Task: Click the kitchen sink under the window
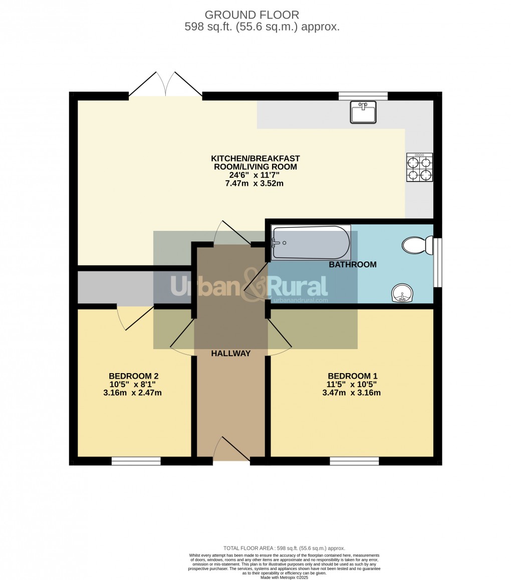[x=364, y=112]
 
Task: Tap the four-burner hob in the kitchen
[x=419, y=168]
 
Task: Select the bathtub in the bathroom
[x=311, y=242]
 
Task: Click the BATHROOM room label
[x=352, y=264]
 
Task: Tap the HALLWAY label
[x=230, y=353]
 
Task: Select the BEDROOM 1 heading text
[x=352, y=376]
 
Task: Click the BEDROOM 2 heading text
[x=134, y=376]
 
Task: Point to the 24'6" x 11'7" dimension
[x=255, y=175]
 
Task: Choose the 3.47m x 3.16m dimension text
[x=351, y=393]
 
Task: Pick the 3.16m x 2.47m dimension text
[x=133, y=393]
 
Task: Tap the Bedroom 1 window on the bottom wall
[x=354, y=461]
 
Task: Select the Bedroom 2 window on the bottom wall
[x=136, y=461]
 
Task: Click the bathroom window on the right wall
[x=437, y=262]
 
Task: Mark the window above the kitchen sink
[x=363, y=96]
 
